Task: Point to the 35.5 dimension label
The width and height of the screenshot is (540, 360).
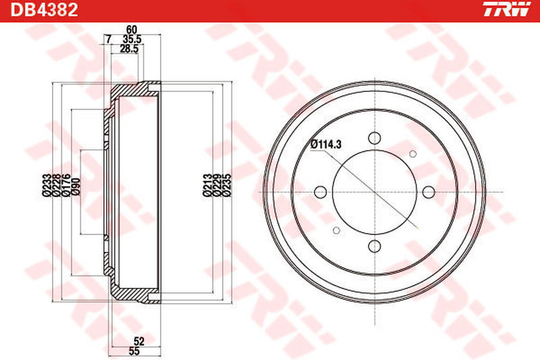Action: [x=130, y=40]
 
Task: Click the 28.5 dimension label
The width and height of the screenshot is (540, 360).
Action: [x=129, y=49]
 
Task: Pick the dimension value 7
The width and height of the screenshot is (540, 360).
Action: [x=108, y=40]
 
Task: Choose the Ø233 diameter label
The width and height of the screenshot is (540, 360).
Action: [x=46, y=184]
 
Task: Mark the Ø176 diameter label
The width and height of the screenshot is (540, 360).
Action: [x=65, y=184]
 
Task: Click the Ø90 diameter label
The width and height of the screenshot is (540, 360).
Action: [x=75, y=184]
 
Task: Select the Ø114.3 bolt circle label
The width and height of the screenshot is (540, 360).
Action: [x=325, y=143]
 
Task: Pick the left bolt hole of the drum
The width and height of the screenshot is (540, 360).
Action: [x=321, y=192]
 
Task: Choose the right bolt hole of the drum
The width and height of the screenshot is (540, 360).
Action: [x=428, y=192]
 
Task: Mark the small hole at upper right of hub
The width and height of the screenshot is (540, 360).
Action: [x=413, y=155]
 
